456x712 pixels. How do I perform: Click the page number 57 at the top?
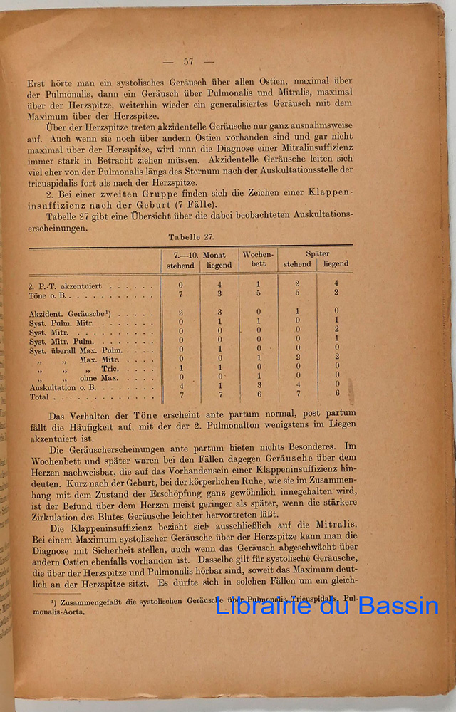tap(188, 61)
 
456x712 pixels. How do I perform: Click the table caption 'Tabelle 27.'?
tap(192, 236)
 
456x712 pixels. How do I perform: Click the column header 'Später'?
tap(317, 253)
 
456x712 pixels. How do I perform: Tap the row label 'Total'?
tap(39, 396)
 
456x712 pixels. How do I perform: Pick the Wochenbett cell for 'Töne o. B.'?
tap(259, 293)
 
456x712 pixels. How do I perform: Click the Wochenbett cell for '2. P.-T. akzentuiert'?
tap(259, 284)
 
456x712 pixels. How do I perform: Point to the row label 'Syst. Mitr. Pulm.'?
tap(60, 340)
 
